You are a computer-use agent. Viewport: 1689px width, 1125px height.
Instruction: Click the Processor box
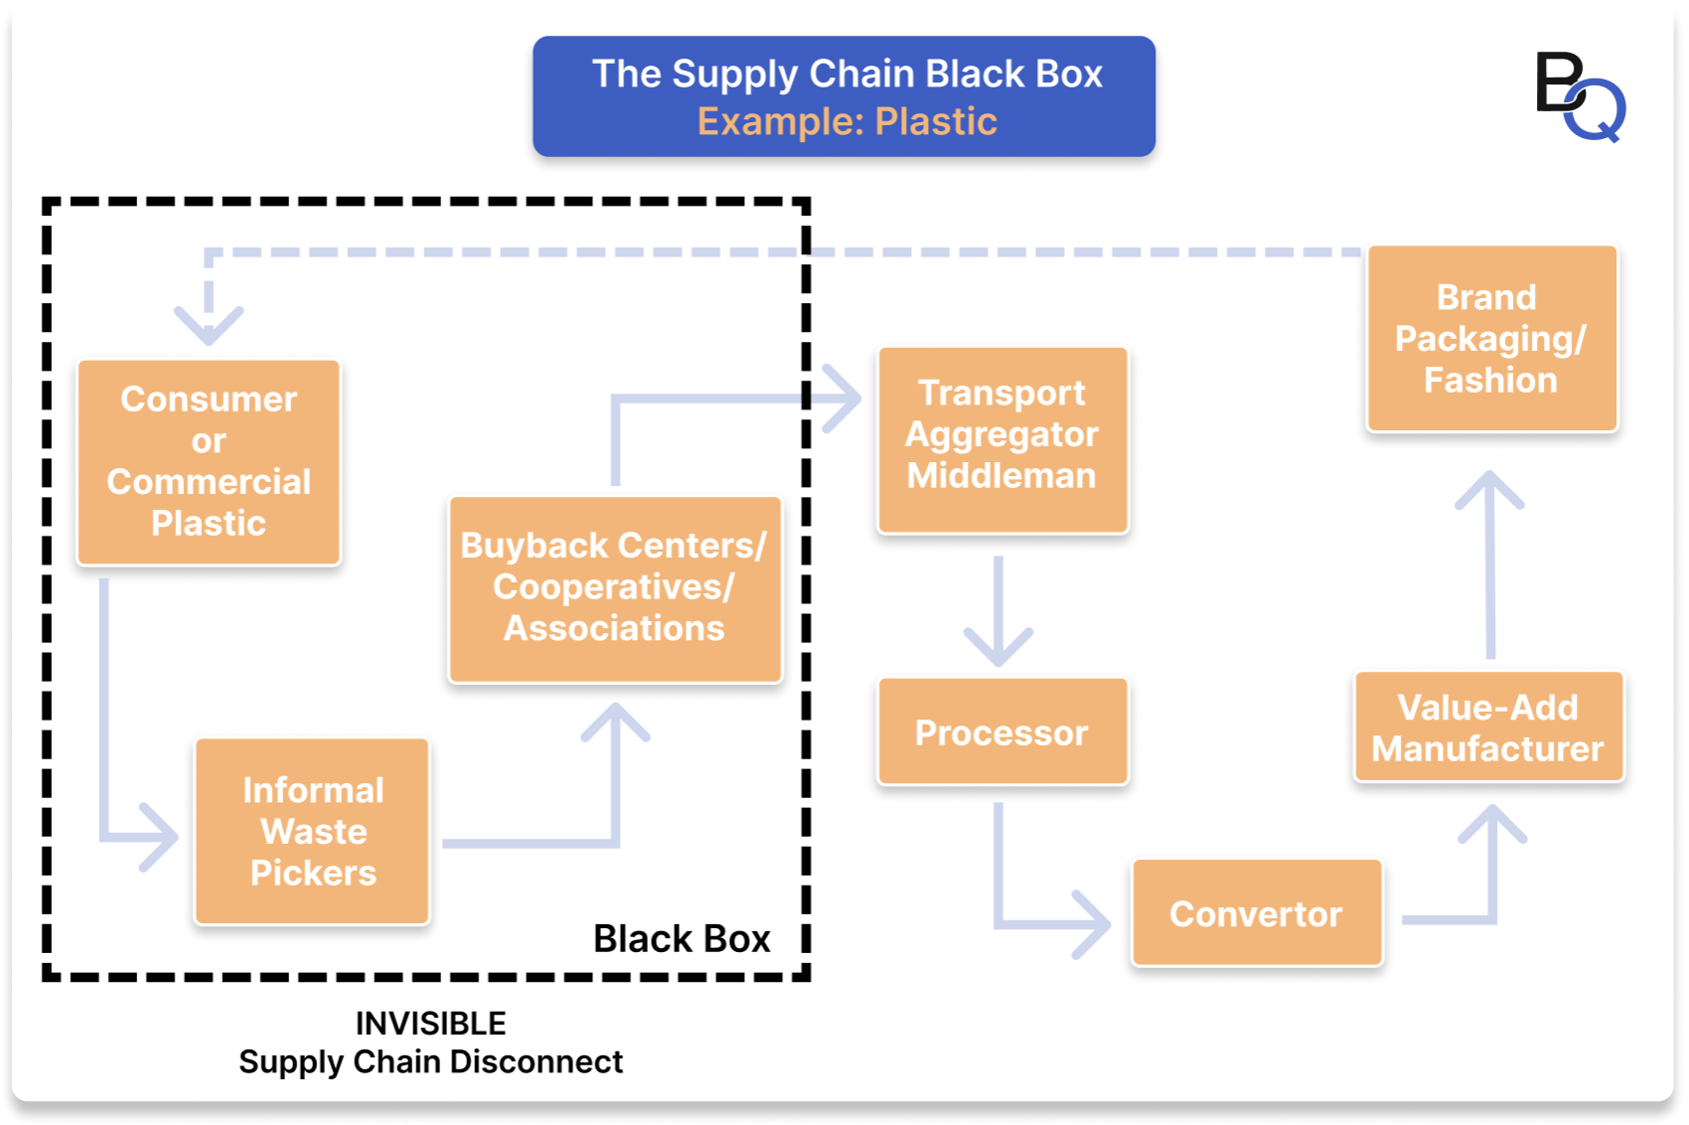click(x=1001, y=732)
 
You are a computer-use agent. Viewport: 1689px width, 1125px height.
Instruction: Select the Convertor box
click(x=1256, y=913)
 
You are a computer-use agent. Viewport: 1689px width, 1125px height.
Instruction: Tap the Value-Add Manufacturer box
click(x=1487, y=727)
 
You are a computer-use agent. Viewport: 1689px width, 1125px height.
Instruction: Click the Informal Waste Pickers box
click(x=313, y=832)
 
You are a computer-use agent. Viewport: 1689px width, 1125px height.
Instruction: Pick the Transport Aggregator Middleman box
click(x=1001, y=438)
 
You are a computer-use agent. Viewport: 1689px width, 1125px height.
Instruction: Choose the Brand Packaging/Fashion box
click(x=1490, y=339)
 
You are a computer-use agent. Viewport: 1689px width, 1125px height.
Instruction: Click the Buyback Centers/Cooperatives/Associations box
click(x=614, y=588)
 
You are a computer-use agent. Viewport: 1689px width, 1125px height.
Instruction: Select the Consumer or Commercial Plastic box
click(x=209, y=462)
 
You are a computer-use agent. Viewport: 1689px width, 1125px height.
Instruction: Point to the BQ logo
click(x=1580, y=96)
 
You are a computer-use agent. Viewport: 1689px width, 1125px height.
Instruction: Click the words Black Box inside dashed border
click(x=682, y=938)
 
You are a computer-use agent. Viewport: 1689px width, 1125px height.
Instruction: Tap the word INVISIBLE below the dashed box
click(x=430, y=1023)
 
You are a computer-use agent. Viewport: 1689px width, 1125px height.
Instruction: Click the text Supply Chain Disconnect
click(x=430, y=1061)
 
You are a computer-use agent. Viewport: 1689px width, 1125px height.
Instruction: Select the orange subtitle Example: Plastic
click(x=846, y=121)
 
